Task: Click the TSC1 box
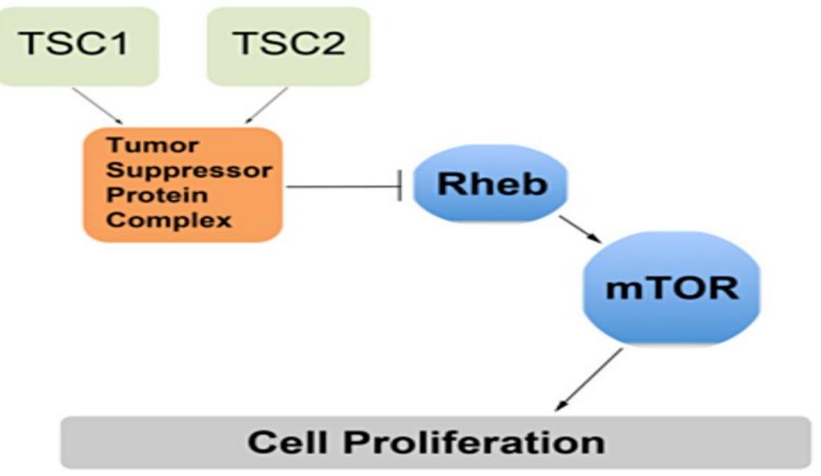pos(79,46)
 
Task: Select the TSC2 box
pos(289,46)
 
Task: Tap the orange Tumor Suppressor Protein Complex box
pos(183,185)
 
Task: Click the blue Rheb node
pos(491,183)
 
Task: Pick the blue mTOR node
pos(671,288)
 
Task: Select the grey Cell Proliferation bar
pos(436,442)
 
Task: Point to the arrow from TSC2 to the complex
pos(266,106)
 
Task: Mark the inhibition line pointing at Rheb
pos(344,186)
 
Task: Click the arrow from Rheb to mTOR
pos(580,230)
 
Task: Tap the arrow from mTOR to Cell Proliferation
pos(589,379)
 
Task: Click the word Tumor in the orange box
pos(153,145)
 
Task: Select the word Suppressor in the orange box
pos(189,171)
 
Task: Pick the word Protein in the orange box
pos(157,195)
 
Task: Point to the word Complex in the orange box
pos(168,220)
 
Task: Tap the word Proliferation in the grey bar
pos(474,442)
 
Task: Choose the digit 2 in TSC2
pos(331,43)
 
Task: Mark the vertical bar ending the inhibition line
pos(400,186)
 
